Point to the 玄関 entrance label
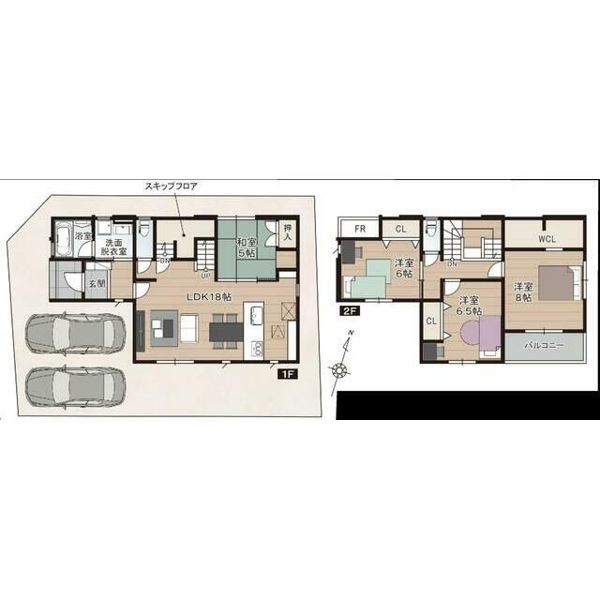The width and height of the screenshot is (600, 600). point(97,281)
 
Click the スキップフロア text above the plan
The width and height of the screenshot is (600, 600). point(171,187)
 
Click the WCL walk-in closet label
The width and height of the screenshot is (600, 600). point(547,239)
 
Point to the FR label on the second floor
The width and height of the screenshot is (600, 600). point(359,229)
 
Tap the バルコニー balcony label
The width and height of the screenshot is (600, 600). point(544,345)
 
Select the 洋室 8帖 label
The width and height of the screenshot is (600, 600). point(522,291)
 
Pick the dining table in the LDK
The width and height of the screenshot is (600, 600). point(226,330)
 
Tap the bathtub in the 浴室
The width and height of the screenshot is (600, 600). point(62,241)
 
